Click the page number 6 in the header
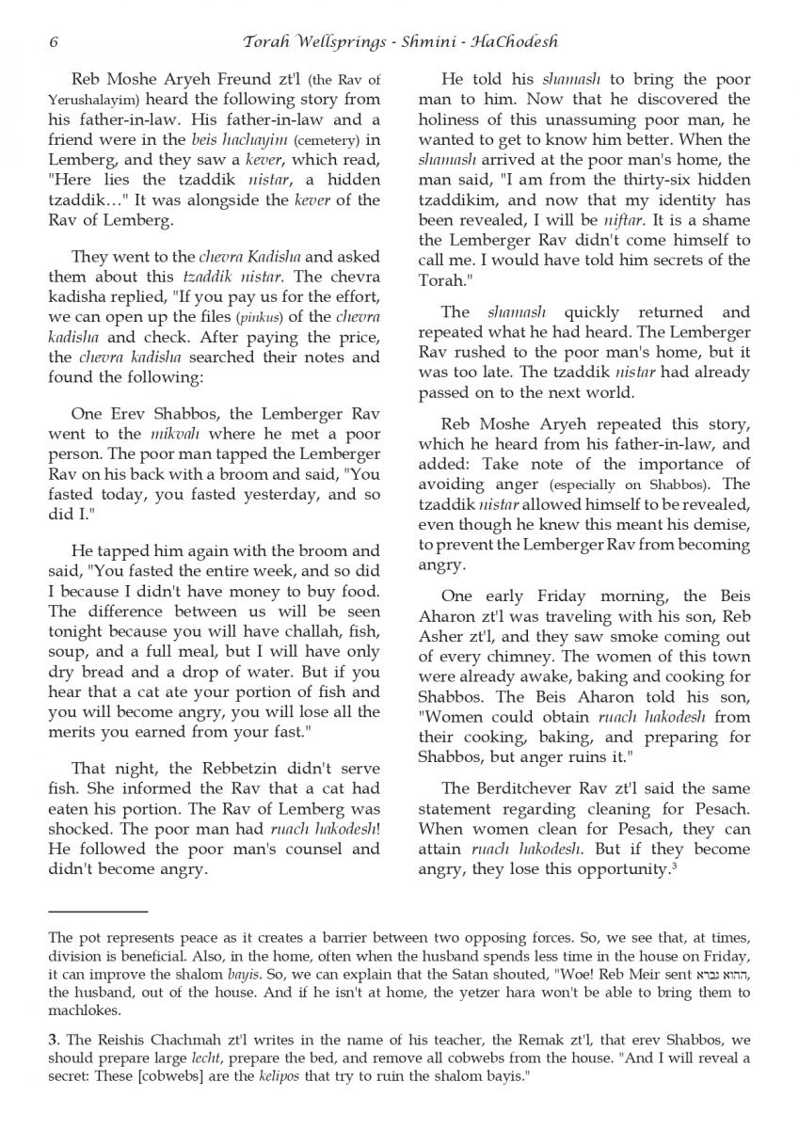[x=54, y=41]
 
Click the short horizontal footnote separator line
[x=98, y=912]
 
